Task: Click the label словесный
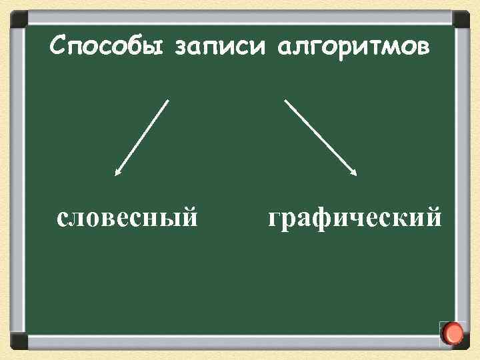point(127,217)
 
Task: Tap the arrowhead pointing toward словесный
point(117,173)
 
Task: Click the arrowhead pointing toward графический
point(355,173)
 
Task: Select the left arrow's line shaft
point(143,137)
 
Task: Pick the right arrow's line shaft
point(320,137)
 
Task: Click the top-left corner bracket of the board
point(19,19)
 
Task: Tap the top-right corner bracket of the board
point(461,19)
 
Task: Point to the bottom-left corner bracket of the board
point(19,341)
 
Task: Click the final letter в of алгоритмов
point(423,48)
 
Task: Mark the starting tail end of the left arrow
point(168,101)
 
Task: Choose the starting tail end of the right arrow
point(285,101)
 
